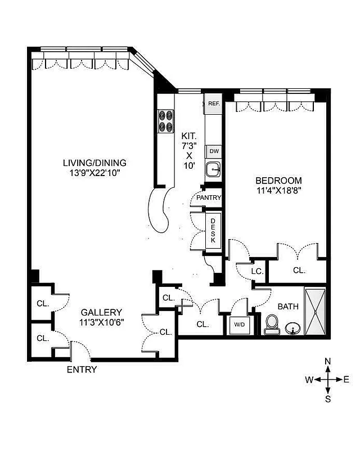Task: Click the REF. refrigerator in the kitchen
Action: [213, 103]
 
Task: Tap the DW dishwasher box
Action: [213, 151]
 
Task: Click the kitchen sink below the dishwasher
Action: [213, 169]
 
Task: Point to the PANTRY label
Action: [209, 198]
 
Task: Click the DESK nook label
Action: [213, 230]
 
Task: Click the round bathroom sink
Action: [292, 328]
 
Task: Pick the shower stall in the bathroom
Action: [315, 310]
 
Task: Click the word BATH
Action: [287, 307]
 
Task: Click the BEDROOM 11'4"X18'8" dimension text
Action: [278, 186]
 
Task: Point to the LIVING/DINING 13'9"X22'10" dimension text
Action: [94, 168]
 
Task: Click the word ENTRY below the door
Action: [82, 370]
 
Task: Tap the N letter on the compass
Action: [328, 361]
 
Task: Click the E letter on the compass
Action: [346, 380]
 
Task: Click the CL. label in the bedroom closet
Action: [299, 270]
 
